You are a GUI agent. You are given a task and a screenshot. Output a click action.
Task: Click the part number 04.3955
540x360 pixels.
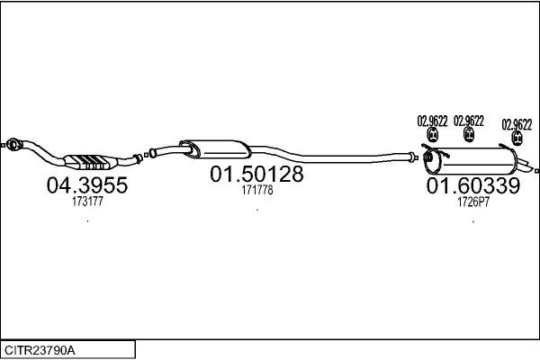click(86, 186)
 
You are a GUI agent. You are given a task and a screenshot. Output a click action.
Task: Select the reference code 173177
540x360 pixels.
click(87, 203)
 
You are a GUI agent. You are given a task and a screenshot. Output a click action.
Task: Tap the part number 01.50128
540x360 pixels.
click(256, 175)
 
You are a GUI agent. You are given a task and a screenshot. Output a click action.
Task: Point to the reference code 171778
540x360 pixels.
click(256, 191)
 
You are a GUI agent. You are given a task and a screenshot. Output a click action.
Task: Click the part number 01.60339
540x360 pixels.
click(472, 186)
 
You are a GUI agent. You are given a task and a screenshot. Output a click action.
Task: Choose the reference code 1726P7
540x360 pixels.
click(472, 203)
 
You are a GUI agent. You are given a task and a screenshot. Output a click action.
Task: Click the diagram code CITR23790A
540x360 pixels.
click(41, 348)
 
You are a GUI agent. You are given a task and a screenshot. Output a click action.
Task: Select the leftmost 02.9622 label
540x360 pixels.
click(431, 121)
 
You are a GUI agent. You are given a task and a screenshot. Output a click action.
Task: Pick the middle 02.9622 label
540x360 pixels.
click(469, 121)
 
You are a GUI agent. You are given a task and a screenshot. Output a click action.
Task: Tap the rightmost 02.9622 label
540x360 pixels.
click(517, 124)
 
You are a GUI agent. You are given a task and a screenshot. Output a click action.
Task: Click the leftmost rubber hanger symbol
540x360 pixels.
click(431, 136)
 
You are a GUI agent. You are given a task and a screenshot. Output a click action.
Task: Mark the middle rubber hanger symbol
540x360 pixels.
click(469, 136)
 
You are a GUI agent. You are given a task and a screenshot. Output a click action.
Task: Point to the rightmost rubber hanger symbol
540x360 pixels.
click(517, 139)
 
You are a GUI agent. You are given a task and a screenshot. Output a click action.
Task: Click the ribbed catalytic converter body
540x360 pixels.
click(92, 162)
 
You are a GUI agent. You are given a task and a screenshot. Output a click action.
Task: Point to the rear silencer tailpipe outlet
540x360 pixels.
click(535, 168)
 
